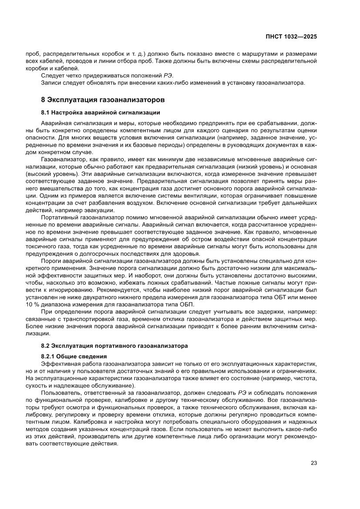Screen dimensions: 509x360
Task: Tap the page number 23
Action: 313,463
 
